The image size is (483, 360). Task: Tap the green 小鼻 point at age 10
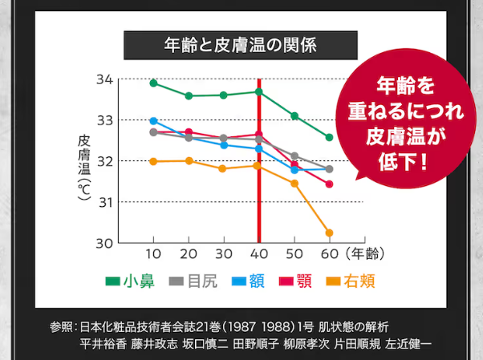point(153,83)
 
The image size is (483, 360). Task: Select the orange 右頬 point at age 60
point(329,233)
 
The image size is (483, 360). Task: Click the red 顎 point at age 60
point(329,184)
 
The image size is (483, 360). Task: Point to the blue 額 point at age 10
point(153,121)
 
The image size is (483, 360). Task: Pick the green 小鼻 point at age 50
point(294,116)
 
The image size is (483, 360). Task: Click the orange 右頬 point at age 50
point(294,184)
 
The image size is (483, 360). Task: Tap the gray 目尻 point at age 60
point(329,169)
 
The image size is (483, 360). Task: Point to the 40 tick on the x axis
point(258,254)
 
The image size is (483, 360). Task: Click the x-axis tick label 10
point(153,254)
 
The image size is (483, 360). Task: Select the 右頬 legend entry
point(352,281)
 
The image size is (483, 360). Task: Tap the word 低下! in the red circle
point(404,158)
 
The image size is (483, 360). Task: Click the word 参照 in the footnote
point(61,327)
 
